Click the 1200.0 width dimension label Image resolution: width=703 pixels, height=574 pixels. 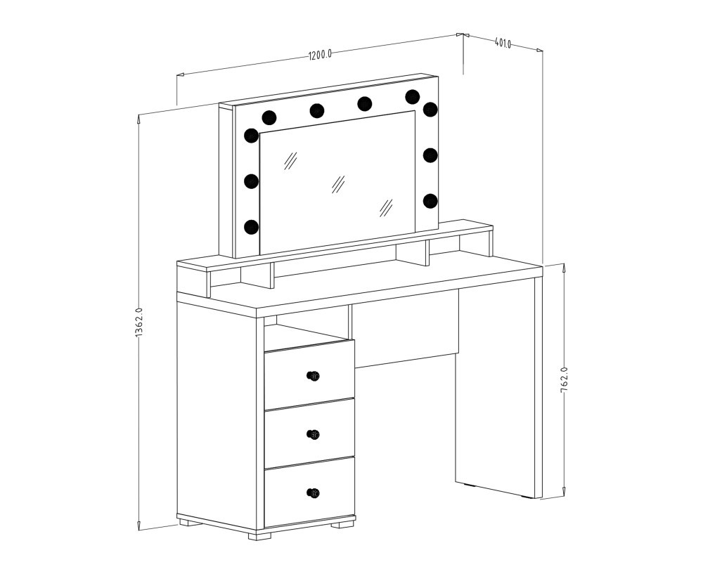pyautogui.click(x=320, y=56)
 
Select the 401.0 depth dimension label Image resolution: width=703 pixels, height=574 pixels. pyautogui.click(x=503, y=43)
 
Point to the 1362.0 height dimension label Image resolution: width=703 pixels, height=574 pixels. pyautogui.click(x=138, y=322)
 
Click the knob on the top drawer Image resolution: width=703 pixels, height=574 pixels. pyautogui.click(x=313, y=375)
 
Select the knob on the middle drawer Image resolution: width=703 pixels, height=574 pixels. pyautogui.click(x=313, y=434)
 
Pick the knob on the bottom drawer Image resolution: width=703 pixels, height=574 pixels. pyautogui.click(x=313, y=493)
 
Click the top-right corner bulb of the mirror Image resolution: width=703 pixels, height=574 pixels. pyautogui.click(x=430, y=109)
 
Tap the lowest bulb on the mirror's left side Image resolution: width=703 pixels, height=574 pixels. pyautogui.click(x=252, y=227)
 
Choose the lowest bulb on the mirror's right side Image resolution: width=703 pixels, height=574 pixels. pyautogui.click(x=430, y=200)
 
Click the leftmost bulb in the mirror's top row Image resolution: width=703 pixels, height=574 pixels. pyautogui.click(x=269, y=117)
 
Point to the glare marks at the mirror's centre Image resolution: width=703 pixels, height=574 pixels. pyautogui.click(x=337, y=183)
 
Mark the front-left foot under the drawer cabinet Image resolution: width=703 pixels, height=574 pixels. pyautogui.click(x=260, y=534)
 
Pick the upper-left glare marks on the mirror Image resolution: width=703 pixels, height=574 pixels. pyautogui.click(x=290, y=160)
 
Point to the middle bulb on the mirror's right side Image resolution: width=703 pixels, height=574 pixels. pyautogui.click(x=430, y=155)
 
